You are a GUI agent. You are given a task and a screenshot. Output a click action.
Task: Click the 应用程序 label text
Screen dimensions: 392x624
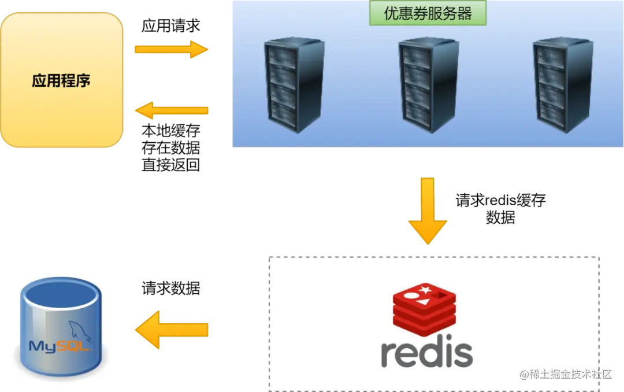[x=61, y=80]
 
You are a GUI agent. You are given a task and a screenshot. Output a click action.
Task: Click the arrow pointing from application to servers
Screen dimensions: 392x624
[x=170, y=49]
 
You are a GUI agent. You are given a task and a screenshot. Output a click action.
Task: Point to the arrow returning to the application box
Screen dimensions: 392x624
[x=172, y=109]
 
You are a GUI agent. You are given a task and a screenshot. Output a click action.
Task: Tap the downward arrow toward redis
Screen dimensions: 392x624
[x=428, y=211]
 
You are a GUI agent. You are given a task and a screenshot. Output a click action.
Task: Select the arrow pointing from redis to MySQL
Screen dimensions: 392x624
[x=172, y=330]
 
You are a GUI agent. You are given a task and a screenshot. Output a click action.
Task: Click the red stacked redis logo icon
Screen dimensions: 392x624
[x=424, y=309]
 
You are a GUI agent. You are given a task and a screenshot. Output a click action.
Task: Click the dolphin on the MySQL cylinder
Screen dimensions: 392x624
[x=81, y=330]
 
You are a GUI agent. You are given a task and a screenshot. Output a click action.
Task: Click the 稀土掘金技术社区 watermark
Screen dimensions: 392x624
[x=566, y=374]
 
